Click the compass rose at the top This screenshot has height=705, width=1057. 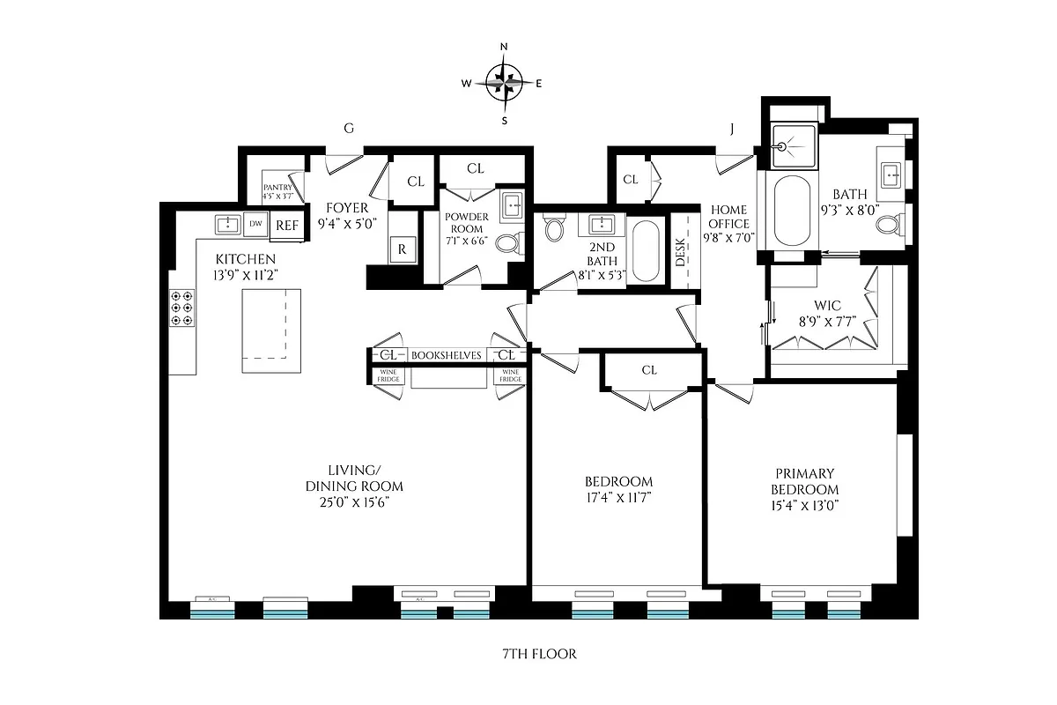504,84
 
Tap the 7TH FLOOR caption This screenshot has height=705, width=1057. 528,654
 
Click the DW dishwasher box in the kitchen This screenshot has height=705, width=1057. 255,224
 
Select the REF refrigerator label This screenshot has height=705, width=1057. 287,225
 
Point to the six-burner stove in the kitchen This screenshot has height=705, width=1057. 182,309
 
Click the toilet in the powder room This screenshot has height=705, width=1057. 507,242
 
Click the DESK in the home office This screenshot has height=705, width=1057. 681,255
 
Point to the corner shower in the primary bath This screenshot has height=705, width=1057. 790,145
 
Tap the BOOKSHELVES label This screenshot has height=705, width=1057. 447,355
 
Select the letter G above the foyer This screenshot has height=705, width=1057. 349,129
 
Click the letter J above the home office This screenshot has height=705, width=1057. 731,129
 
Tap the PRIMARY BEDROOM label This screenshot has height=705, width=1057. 804,481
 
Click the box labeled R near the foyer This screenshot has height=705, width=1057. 402,249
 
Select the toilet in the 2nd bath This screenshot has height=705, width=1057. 554,230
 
